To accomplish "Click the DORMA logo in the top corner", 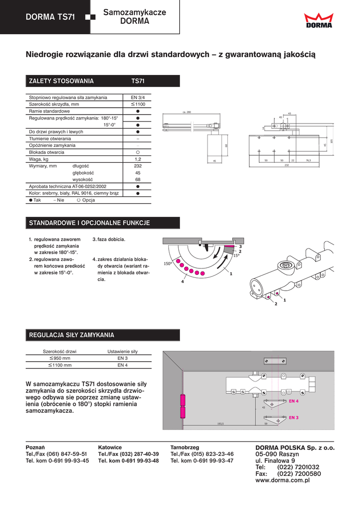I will pyautogui.click(x=319, y=21).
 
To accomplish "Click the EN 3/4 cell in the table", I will pyautogui.click(x=138, y=98).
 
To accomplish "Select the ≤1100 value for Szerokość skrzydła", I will pyautogui.click(x=138, y=105).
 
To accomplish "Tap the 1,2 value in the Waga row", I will pyautogui.click(x=138, y=159).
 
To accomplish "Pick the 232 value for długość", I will pyautogui.click(x=138, y=166).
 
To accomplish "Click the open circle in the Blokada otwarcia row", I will pyautogui.click(x=138, y=152).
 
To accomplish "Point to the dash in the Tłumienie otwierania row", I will pyautogui.click(x=138, y=138).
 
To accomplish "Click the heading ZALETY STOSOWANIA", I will pyautogui.click(x=62, y=81).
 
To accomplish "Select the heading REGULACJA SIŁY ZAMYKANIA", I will pyautogui.click(x=72, y=335).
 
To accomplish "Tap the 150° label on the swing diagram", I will pyautogui.click(x=167, y=264).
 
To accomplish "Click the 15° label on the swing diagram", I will pyautogui.click(x=236, y=255).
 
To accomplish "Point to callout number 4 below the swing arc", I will pyautogui.click(x=182, y=282).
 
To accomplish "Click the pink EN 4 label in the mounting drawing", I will pyautogui.click(x=293, y=400).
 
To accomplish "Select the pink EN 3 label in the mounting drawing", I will pyautogui.click(x=293, y=418).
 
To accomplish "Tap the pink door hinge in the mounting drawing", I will pyautogui.click(x=183, y=405).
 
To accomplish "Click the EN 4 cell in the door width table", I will pyautogui.click(x=123, y=365).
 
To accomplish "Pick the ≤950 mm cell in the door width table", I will pyautogui.click(x=60, y=358).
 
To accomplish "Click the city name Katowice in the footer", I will pyautogui.click(x=110, y=447).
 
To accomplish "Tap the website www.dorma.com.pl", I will pyautogui.click(x=282, y=481).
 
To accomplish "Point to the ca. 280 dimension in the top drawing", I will pyautogui.click(x=187, y=113).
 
